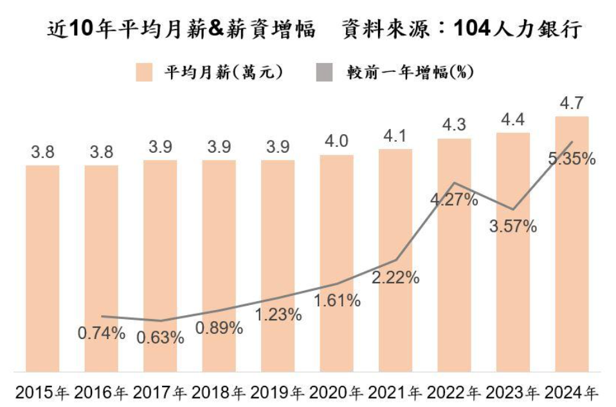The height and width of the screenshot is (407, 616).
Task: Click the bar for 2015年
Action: pos(42,268)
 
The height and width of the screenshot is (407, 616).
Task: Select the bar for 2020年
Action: pos(337,263)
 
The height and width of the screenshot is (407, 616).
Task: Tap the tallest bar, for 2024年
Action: pos(572,244)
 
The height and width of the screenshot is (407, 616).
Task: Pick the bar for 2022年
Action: pos(454,255)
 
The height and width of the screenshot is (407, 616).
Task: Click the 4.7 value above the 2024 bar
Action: pos(572,103)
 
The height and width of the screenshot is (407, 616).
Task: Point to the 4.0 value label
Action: pos(337,141)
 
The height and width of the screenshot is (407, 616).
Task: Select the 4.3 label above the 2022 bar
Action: pos(454,125)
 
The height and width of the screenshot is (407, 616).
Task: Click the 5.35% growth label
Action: pos(572,159)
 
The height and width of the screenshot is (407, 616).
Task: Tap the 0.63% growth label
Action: pos(160,338)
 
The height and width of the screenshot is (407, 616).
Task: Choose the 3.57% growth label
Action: pos(513,226)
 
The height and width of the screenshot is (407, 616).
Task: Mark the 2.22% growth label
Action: pos(395,277)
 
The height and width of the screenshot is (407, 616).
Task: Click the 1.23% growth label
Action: pos(278,315)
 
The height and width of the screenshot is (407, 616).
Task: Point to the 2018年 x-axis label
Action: pos(219,392)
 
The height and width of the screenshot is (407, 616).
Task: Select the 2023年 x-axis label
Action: pos(513,392)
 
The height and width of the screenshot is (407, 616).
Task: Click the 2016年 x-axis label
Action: pos(102,392)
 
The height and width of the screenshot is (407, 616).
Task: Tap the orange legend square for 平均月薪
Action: pos(144,72)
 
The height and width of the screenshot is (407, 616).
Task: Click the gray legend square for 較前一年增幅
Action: pos(324,72)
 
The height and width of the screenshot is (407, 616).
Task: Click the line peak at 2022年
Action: pos(454,182)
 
